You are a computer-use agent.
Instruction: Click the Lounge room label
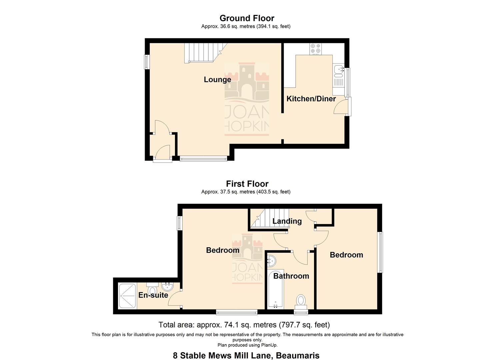pyautogui.click(x=217, y=79)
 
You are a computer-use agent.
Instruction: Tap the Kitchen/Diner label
pyautogui.click(x=311, y=99)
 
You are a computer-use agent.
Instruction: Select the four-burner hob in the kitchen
pyautogui.click(x=315, y=49)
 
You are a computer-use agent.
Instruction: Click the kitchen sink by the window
pyautogui.click(x=338, y=70)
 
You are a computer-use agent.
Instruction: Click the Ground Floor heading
pyautogui.click(x=247, y=18)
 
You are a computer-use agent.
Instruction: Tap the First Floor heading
pyautogui.click(x=247, y=184)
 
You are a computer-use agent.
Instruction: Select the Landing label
pyautogui.click(x=287, y=221)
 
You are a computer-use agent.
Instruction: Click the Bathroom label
pyautogui.click(x=291, y=276)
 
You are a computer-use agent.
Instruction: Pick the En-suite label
pyautogui.click(x=153, y=295)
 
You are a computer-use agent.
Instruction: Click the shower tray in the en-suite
pyautogui.click(x=127, y=296)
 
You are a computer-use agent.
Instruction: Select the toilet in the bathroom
pyautogui.click(x=301, y=301)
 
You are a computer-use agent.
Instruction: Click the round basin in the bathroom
pyautogui.click(x=271, y=260)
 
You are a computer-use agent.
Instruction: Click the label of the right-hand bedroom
pyautogui.click(x=346, y=255)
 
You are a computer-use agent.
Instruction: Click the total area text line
pyautogui.click(x=244, y=325)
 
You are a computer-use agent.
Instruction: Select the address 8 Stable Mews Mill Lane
pyautogui.click(x=246, y=356)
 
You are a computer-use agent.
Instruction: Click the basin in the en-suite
pyautogui.click(x=167, y=286)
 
